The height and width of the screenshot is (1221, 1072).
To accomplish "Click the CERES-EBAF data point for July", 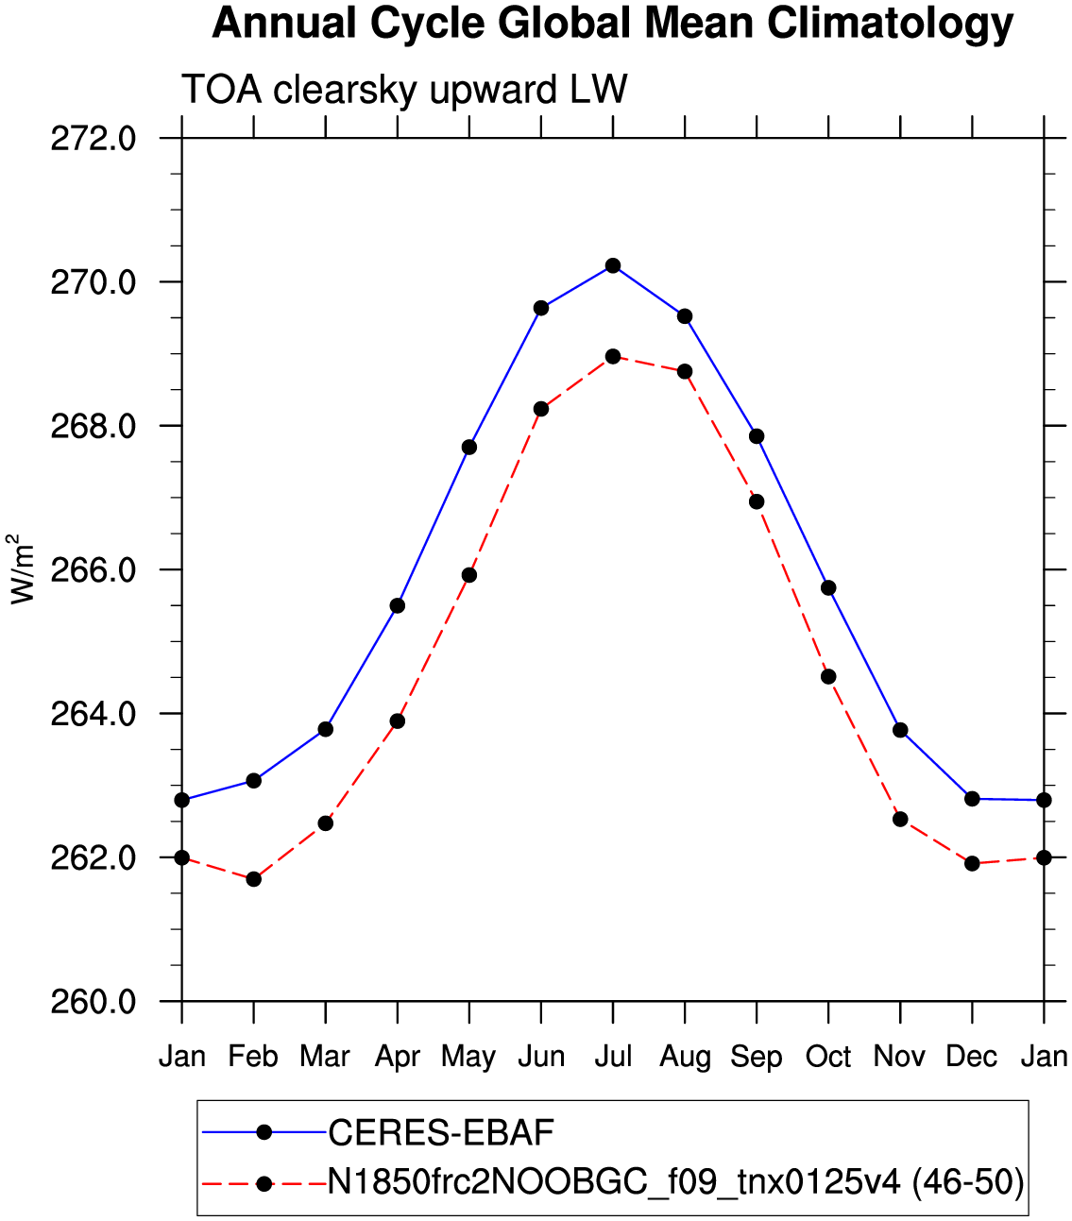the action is tap(613, 265).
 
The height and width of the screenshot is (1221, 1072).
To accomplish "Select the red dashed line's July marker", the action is tap(613, 356).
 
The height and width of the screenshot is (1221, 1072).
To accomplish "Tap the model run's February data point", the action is tap(254, 879).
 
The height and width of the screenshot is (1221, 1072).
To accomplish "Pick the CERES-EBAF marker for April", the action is tap(398, 605).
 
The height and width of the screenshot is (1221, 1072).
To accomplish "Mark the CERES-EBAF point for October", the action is tap(828, 587).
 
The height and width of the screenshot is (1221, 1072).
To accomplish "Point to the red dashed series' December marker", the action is tap(972, 864).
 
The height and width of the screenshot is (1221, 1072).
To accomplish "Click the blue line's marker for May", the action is tap(469, 448).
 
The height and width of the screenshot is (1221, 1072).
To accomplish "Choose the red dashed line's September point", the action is tap(757, 501).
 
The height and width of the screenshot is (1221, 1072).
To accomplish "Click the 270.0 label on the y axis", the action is tap(94, 282).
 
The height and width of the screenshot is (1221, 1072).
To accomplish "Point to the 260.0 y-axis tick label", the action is tap(94, 1002).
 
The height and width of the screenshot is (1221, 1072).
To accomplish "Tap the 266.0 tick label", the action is tap(94, 570).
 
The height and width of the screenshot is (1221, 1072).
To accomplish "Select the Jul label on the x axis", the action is tap(613, 1057).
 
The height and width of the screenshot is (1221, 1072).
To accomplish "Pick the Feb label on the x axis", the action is tap(253, 1057).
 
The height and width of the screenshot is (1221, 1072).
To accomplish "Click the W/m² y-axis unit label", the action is tap(23, 568).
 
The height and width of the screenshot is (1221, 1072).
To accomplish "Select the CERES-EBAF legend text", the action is tap(441, 1133).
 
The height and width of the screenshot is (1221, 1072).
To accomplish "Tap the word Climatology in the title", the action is tap(890, 25).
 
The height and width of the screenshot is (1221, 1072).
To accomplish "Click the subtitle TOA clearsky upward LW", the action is tap(404, 89).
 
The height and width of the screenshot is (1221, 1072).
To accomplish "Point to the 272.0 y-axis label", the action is tap(94, 139).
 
